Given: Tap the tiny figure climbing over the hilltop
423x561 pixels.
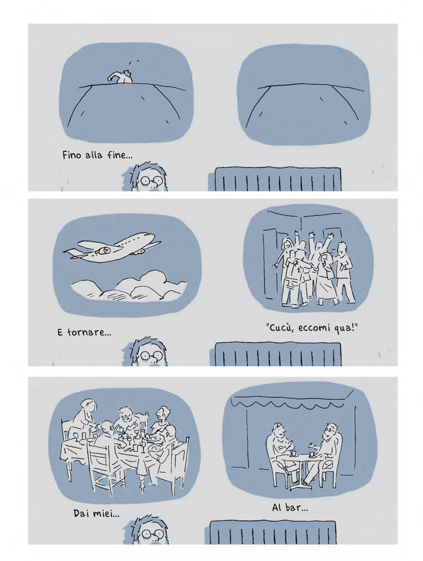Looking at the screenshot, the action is click(122, 77).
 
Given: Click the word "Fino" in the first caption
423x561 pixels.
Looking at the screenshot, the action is click(71, 155).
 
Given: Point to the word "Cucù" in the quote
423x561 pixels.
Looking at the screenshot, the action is click(281, 328).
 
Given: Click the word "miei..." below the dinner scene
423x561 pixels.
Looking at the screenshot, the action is click(106, 514).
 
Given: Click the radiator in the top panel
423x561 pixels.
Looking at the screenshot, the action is click(278, 179).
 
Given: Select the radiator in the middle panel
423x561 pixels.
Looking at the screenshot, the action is click(278, 354).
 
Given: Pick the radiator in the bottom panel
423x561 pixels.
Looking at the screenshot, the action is click(273, 532).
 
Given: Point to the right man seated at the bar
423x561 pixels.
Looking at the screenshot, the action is click(324, 452).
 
